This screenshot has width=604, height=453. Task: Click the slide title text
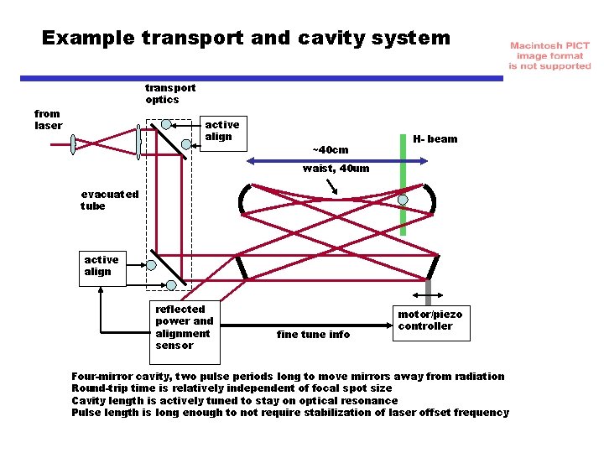click(246, 38)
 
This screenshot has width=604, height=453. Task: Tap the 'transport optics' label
click(169, 93)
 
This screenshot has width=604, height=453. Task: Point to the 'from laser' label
click(48, 119)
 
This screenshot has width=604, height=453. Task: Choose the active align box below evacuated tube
click(102, 266)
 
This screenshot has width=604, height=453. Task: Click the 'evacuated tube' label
click(109, 200)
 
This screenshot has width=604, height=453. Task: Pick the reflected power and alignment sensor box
click(184, 327)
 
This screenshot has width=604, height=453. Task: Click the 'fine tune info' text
click(313, 334)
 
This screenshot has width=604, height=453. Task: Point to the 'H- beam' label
click(435, 138)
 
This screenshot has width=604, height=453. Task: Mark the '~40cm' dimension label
click(330, 149)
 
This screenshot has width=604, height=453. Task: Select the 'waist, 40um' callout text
click(336, 168)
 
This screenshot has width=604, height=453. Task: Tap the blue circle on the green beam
click(404, 200)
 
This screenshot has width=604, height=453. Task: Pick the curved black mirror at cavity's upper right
click(431, 200)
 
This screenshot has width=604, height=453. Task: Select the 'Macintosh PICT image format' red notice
click(549, 55)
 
